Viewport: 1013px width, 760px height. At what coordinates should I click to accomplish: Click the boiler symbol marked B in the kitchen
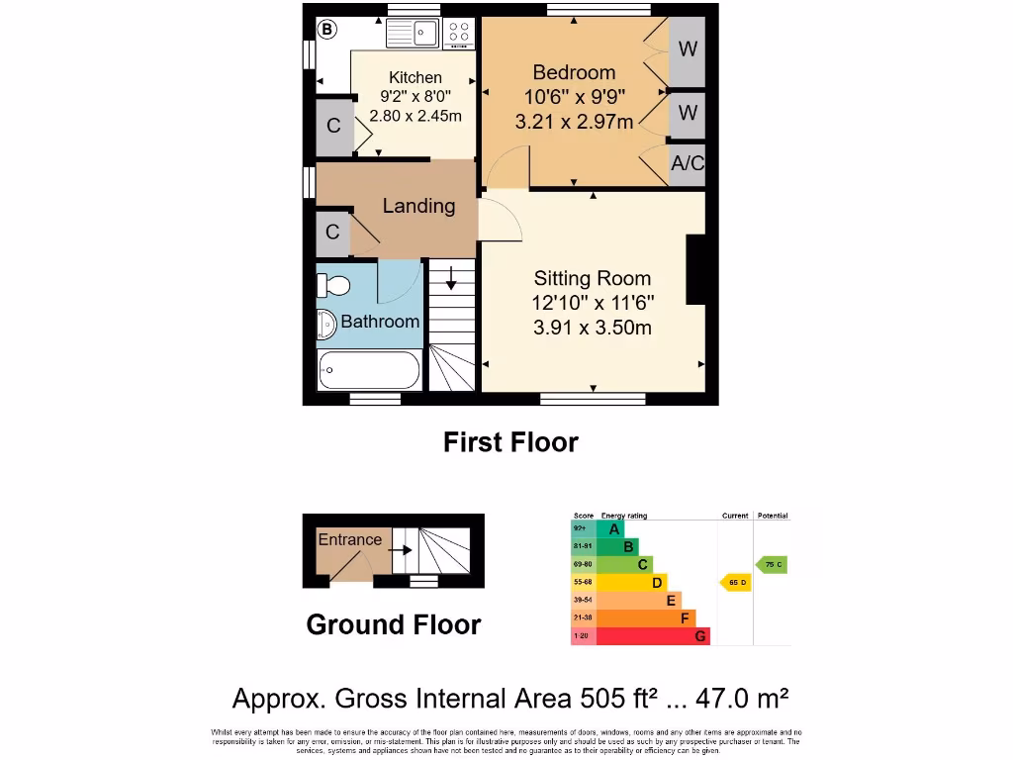(326, 30)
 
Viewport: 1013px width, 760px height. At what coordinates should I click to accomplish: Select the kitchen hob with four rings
(459, 34)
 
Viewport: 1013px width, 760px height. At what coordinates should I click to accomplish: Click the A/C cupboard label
(688, 164)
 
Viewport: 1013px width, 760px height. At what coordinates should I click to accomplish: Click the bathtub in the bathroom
(368, 370)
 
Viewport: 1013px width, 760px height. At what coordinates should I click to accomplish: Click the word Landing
(418, 206)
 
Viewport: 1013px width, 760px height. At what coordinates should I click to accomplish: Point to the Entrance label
(349, 539)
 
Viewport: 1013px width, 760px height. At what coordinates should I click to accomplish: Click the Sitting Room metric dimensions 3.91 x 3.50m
(593, 328)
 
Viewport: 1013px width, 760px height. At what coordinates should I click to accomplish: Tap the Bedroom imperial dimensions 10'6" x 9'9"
(574, 97)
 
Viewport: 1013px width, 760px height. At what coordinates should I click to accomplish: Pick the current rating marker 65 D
(735, 583)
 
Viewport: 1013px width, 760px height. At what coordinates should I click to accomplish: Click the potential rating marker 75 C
(772, 564)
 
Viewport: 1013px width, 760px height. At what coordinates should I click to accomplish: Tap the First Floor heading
(510, 442)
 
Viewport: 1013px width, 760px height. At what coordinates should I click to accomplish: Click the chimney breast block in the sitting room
(696, 268)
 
